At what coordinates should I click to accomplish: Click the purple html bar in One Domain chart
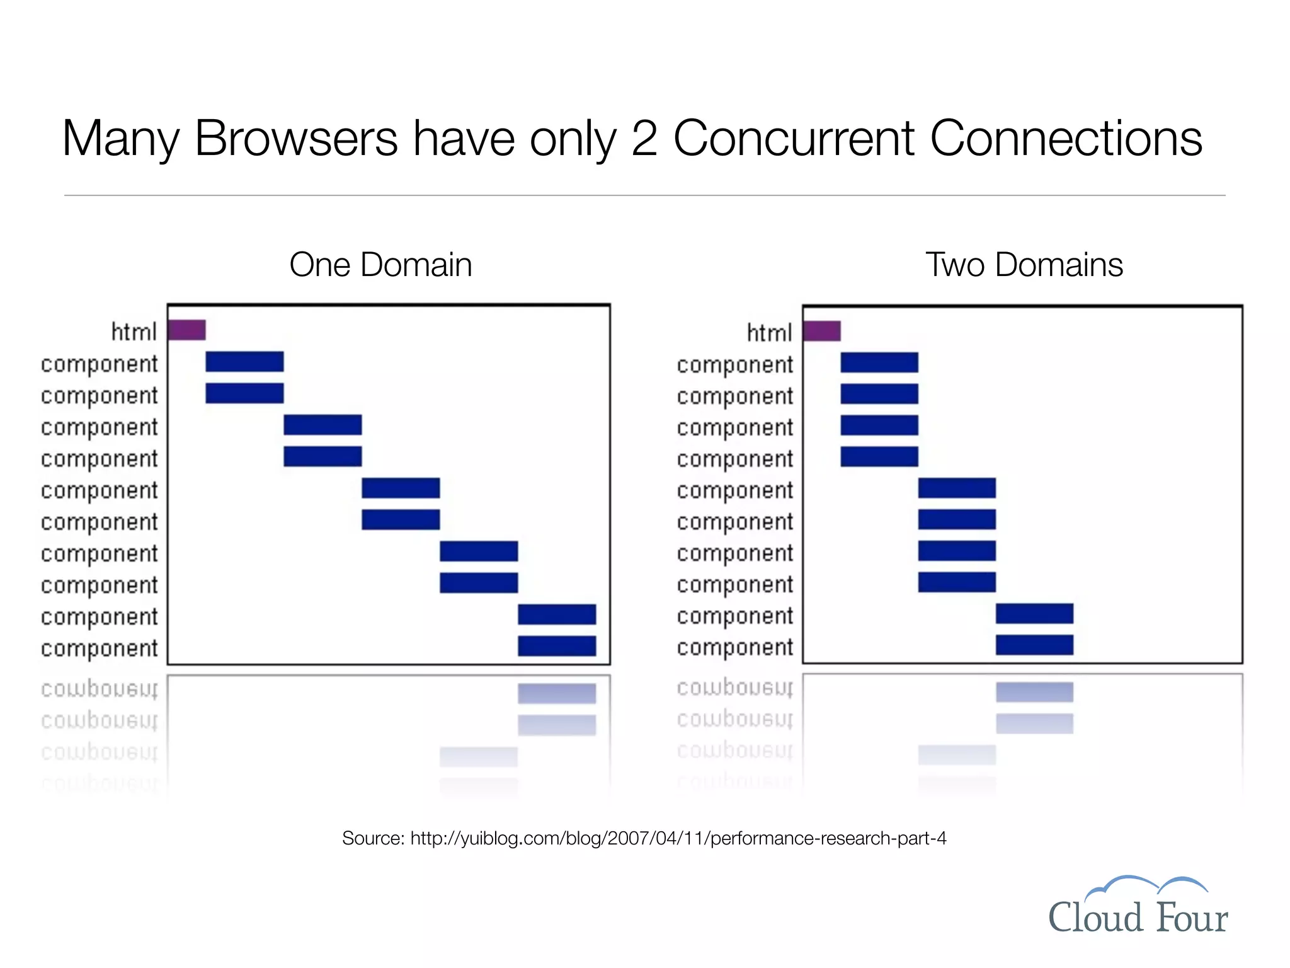click(x=186, y=330)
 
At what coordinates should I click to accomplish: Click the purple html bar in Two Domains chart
click(x=822, y=331)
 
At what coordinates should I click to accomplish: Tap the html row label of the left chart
click(x=134, y=331)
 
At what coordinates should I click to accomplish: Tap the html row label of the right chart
click(x=769, y=333)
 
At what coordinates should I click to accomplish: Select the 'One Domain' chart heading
click(x=380, y=265)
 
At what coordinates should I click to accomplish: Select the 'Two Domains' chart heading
click(x=1024, y=265)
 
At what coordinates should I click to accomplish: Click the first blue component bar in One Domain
click(x=244, y=362)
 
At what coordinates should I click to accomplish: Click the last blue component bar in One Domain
click(x=557, y=646)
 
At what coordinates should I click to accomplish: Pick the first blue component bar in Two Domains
click(x=879, y=362)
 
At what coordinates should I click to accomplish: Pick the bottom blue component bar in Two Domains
click(x=1034, y=645)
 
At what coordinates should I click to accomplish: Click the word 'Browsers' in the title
click(x=296, y=138)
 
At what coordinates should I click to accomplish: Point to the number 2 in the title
click(x=644, y=138)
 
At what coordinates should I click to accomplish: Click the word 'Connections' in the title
click(x=1066, y=138)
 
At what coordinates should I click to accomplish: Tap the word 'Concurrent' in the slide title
click(x=794, y=138)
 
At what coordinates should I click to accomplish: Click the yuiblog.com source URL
click(x=678, y=838)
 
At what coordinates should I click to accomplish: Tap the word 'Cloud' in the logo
click(x=1095, y=917)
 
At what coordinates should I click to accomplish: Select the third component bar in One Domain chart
click(x=322, y=425)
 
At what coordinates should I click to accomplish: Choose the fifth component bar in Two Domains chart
click(x=957, y=488)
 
